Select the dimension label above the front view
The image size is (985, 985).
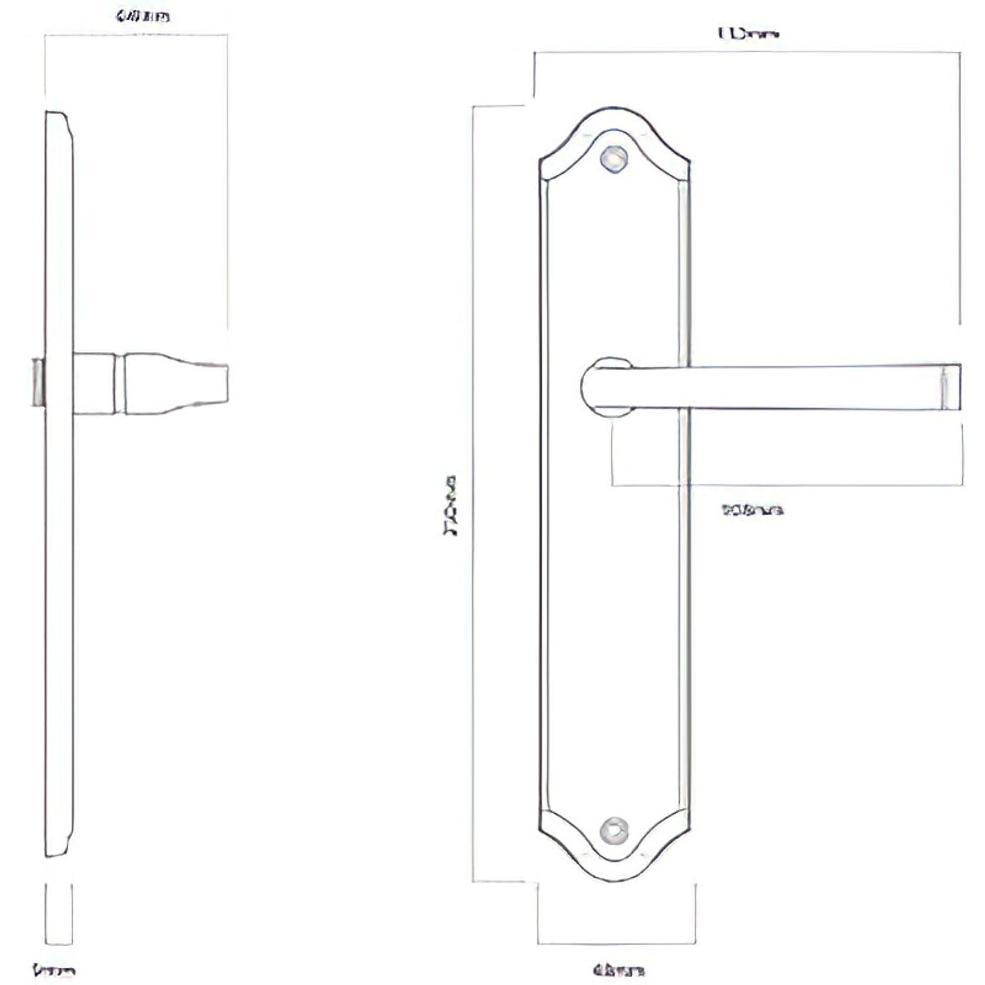(748, 34)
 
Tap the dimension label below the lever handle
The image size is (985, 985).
(752, 510)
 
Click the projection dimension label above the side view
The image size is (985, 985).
(143, 16)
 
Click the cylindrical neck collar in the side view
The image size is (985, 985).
(94, 383)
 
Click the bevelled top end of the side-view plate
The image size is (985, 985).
(59, 120)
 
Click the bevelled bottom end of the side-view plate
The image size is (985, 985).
(59, 846)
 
